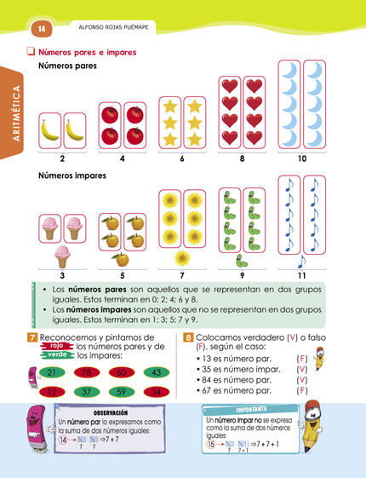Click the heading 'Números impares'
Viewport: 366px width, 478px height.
pos(72,176)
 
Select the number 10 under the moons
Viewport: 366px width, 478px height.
pos(302,158)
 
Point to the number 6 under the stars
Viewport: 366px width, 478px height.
pos(181,158)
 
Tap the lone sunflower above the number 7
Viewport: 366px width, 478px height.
pos(181,256)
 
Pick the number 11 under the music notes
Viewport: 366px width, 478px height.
pos(302,275)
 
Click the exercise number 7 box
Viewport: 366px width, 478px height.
pos(32,338)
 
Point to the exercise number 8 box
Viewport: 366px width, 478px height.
pos(188,338)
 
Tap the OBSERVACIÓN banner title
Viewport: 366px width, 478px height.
pos(111,412)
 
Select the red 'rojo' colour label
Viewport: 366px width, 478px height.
pos(55,346)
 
